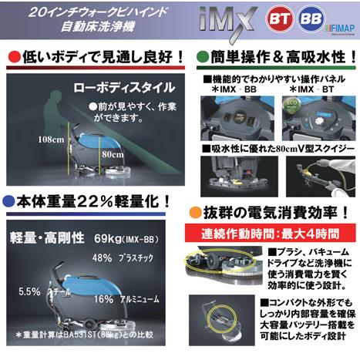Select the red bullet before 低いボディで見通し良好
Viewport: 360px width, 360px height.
pos(14,58)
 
